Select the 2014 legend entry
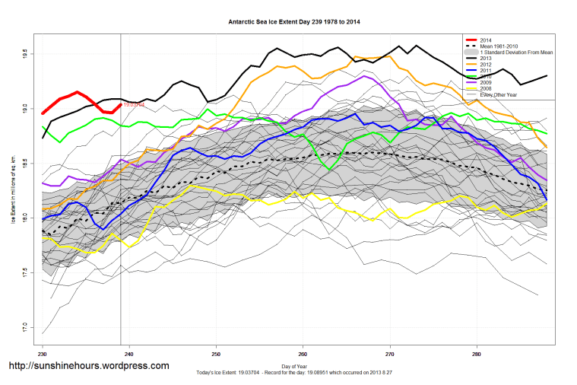[x=486, y=40]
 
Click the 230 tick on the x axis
[x=43, y=355]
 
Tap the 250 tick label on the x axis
[x=216, y=355]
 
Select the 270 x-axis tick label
[x=390, y=355]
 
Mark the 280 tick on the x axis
[x=477, y=355]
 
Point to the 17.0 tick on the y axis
[x=26, y=329]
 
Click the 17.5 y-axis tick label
[x=26, y=272]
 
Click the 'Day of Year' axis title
[x=294, y=367]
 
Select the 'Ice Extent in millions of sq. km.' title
[x=13, y=191]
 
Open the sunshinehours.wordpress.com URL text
[x=89, y=367]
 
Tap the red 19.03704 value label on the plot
[x=134, y=105]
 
